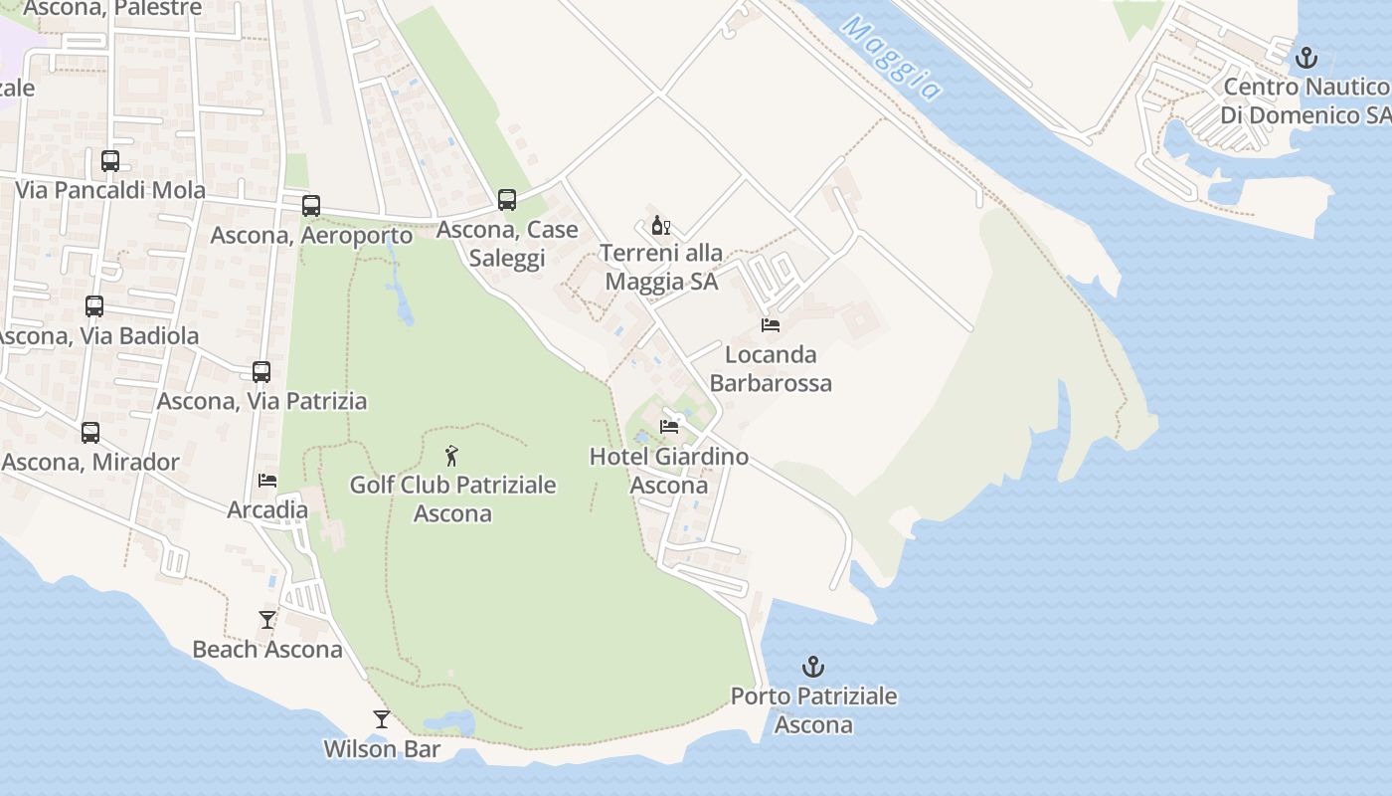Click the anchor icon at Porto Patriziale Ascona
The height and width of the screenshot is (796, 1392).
point(813,667)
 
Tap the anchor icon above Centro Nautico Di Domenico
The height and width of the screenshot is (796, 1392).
point(1306,58)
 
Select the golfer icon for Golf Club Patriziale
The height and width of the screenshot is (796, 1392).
point(452,457)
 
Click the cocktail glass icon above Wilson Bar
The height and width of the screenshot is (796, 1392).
point(382,719)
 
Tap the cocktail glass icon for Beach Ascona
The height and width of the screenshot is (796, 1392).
point(267,620)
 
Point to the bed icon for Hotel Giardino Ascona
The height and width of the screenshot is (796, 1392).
point(669,427)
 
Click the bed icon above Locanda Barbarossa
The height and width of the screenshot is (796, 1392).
point(771,324)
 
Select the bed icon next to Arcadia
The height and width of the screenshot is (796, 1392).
point(267,481)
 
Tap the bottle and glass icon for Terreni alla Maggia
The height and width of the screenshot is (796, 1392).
point(661,225)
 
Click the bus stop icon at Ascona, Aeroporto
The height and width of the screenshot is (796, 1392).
point(311,206)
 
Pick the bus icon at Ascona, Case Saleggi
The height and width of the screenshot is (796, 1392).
point(507,200)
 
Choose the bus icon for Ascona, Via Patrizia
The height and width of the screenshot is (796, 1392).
point(261,372)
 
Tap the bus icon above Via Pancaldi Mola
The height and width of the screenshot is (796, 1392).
point(110,161)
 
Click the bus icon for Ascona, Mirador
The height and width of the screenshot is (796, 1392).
point(90,433)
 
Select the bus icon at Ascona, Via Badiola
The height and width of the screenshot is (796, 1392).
point(94,306)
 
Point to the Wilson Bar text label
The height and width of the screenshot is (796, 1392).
point(382,749)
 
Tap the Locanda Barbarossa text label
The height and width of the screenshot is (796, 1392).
point(771,369)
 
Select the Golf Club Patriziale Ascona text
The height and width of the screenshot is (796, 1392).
point(452,499)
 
